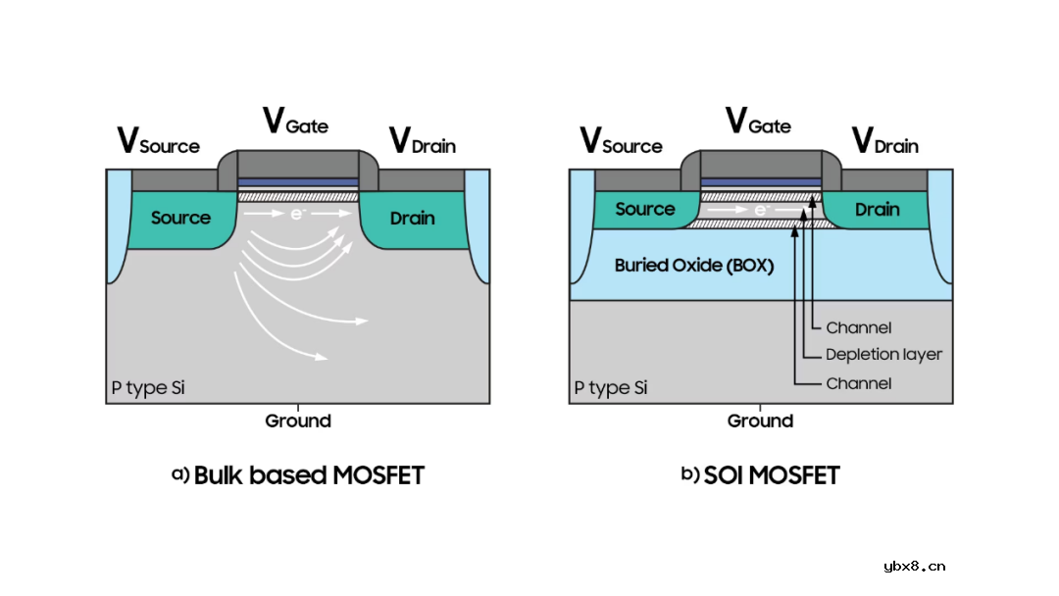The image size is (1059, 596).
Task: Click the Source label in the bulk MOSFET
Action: tap(180, 218)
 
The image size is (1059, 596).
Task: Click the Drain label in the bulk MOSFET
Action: tap(412, 218)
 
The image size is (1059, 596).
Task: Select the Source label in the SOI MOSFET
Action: tap(644, 209)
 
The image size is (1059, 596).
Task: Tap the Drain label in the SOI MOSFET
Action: tap(877, 209)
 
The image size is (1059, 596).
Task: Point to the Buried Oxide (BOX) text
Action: tap(694, 265)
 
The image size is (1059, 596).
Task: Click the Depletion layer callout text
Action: tap(883, 355)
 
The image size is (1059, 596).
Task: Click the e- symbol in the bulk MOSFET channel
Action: tap(297, 212)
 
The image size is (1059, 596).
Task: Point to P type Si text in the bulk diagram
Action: tap(147, 388)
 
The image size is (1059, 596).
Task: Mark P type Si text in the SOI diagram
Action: tap(611, 388)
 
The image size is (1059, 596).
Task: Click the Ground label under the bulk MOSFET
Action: tap(298, 422)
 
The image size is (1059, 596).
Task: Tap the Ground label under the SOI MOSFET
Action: tap(760, 422)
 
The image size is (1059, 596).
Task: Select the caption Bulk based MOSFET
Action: tap(298, 475)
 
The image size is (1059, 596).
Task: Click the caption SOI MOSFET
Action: tap(760, 475)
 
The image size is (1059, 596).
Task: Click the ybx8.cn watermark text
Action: tap(914, 566)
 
